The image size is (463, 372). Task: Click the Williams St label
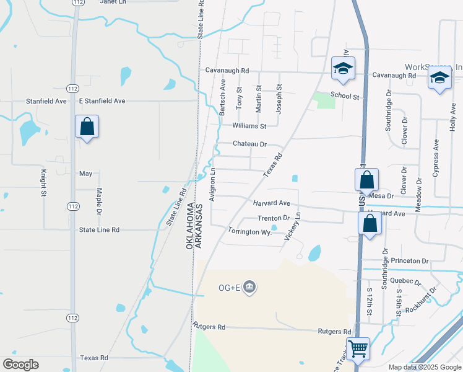[249, 126]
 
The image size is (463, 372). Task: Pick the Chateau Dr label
[249, 144]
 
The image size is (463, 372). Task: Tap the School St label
[345, 96]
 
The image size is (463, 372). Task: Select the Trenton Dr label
[274, 218]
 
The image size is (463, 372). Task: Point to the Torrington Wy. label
[250, 232]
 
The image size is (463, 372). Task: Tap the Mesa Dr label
[381, 195]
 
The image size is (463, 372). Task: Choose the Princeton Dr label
[409, 261]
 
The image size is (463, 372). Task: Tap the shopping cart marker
[358, 348]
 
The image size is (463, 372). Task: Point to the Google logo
[21, 364]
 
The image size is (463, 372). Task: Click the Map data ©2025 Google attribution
[424, 367]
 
